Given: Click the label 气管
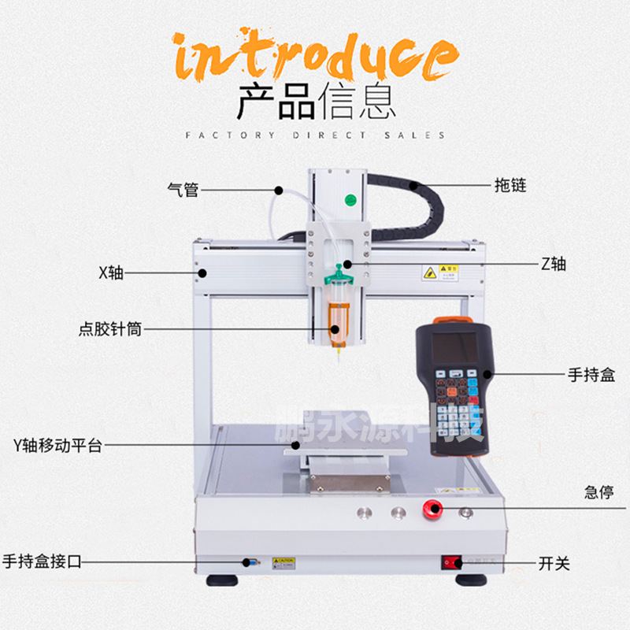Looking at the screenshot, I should (183, 189).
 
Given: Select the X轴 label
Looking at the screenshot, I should (111, 273).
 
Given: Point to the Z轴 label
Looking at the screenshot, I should (553, 264).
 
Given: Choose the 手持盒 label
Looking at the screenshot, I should (588, 374).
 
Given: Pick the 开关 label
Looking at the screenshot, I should (554, 563).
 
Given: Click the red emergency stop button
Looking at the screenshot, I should (432, 508).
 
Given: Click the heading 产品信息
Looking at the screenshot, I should (315, 101).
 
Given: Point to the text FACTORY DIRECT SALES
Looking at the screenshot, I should (315, 135).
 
